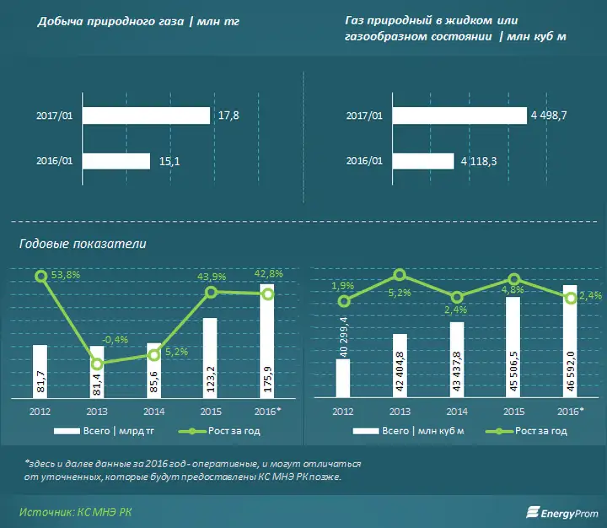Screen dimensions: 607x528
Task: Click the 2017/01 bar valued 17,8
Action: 146,116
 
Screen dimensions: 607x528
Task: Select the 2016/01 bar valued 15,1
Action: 116,161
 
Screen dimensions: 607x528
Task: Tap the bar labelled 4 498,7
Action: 459,116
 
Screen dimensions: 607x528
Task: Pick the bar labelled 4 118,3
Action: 423,161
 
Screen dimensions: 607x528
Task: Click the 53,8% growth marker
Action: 41,276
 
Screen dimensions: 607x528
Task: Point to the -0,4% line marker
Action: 97,364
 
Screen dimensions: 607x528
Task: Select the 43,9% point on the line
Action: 211,293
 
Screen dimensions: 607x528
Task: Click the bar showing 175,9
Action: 267,341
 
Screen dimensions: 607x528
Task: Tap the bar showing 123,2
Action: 210,358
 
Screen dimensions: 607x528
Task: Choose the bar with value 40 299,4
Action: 342,378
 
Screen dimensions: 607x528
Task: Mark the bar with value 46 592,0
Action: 570,342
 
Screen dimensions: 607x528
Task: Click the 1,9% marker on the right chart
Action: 343,301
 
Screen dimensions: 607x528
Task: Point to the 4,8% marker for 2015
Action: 513,279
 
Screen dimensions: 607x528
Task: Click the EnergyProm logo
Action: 562,513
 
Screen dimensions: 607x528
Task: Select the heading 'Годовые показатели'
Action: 83,244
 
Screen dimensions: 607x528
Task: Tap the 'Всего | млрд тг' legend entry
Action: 105,431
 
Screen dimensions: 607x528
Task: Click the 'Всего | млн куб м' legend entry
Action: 408,431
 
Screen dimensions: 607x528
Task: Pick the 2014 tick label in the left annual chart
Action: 154,412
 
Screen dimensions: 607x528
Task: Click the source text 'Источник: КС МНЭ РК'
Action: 76,512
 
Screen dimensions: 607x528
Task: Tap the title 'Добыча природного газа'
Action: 110,21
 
